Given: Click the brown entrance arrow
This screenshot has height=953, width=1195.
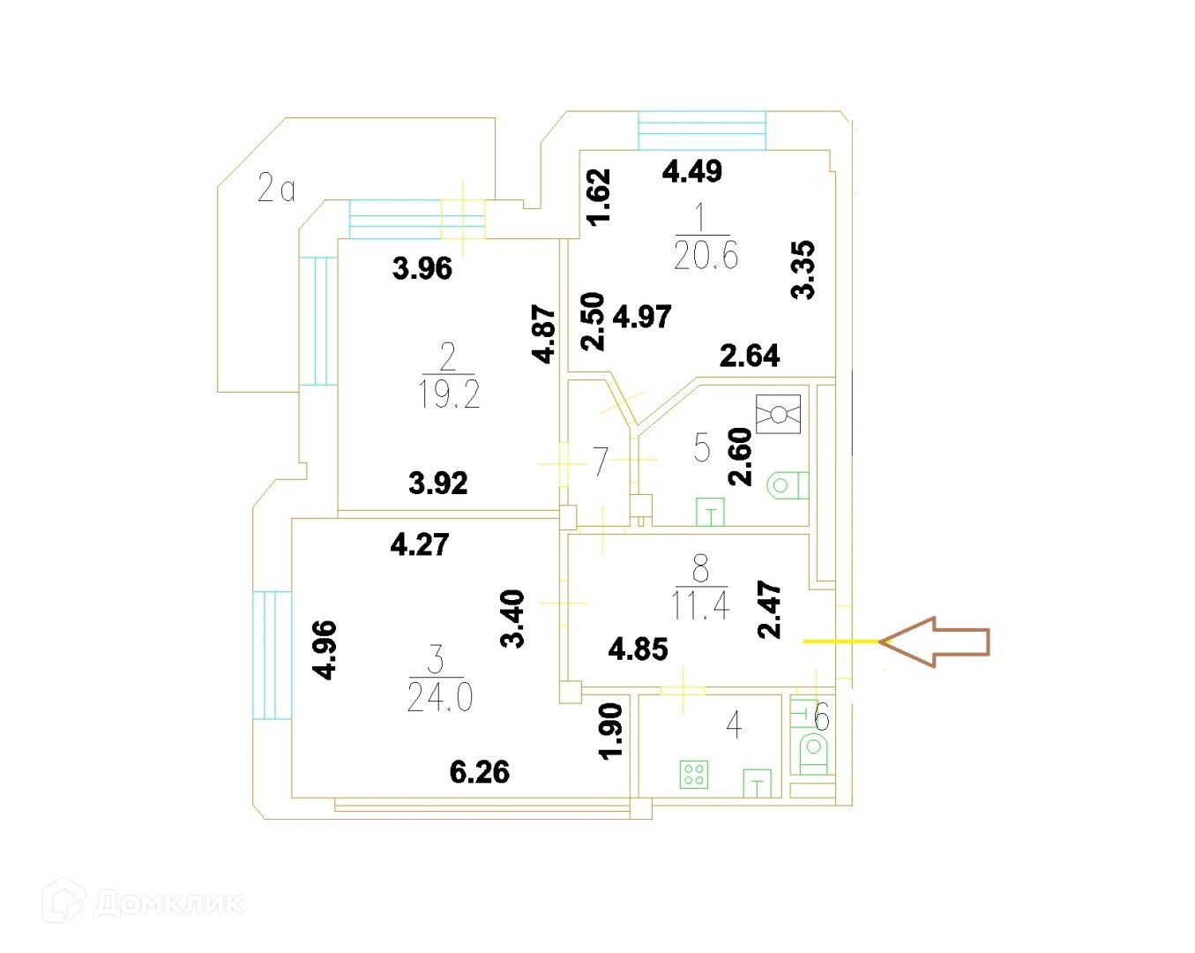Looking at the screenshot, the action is tap(934, 642).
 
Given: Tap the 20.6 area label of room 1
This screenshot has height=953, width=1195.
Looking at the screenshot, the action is tap(706, 255).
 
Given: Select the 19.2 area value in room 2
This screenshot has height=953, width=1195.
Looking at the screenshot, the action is tap(449, 394).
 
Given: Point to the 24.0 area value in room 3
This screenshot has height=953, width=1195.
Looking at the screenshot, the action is tap(440, 697).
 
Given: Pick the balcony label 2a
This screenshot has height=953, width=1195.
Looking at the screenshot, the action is tap(276, 188).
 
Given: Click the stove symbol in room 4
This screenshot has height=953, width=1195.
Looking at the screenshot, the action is tap(694, 775).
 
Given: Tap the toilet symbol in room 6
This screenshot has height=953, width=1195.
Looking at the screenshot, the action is tap(814, 754).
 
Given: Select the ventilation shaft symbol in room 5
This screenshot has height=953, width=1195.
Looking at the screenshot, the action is tap(778, 414).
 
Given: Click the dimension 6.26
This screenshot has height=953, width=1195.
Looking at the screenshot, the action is tap(480, 772).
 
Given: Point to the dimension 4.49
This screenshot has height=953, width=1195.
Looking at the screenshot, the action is tap(692, 170).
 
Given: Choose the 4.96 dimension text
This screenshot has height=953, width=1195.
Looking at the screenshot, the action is tap(325, 649).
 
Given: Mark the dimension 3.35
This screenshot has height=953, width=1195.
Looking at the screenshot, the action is tap(803, 270).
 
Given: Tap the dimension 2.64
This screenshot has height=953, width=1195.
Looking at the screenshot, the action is tap(750, 356).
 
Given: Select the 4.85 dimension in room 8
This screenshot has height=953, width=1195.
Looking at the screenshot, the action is tap(639, 649).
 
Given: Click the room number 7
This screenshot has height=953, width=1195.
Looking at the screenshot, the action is tap(600, 461).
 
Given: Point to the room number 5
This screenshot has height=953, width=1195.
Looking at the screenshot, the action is tap(702, 448).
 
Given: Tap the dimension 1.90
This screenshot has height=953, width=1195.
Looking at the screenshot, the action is tap(610, 730).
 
